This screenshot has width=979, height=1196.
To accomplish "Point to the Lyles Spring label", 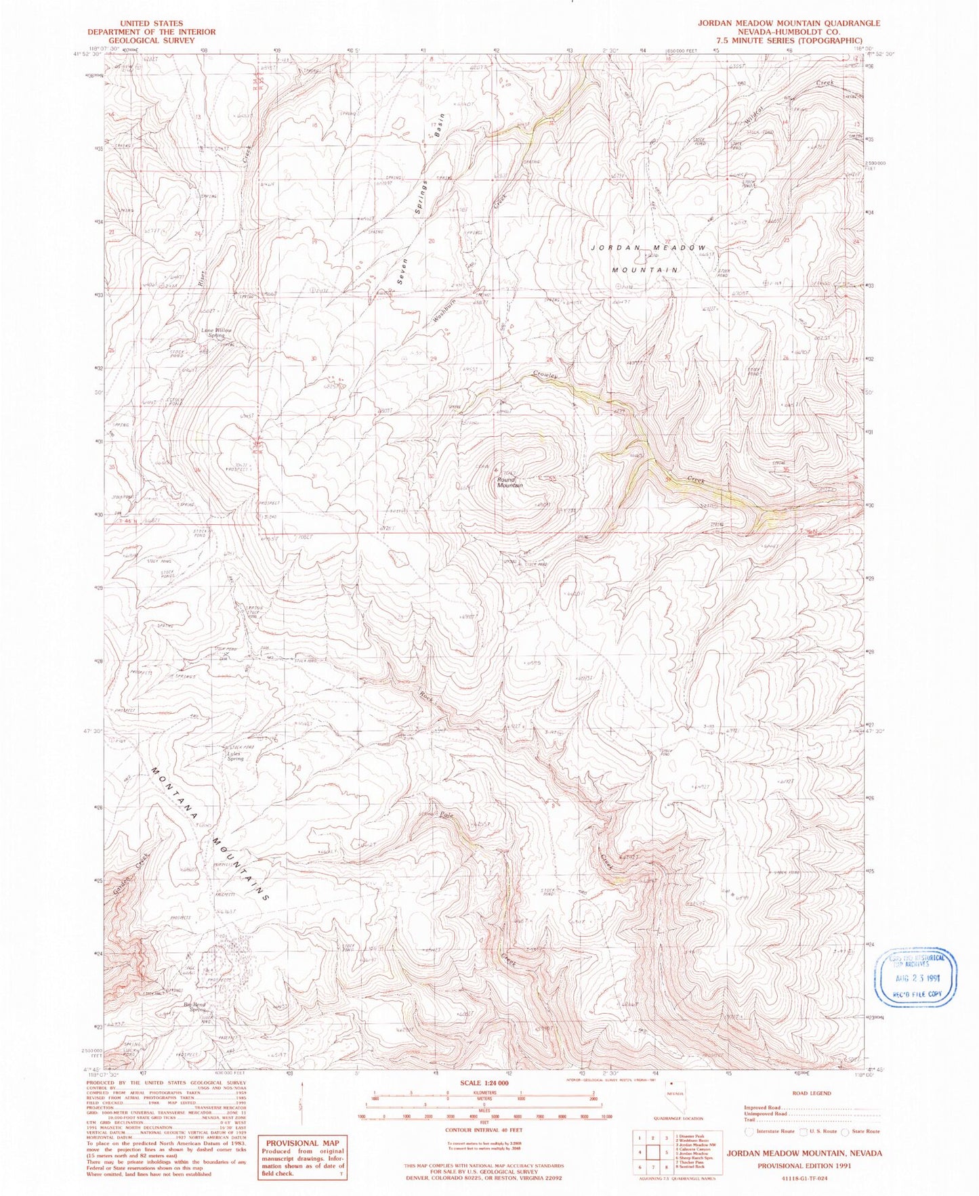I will tap(234, 756).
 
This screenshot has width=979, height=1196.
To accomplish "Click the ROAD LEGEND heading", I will tap(811, 1093).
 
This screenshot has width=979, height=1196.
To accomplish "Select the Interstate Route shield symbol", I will tap(749, 1131).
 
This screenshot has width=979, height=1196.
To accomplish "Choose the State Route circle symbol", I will tap(845, 1131).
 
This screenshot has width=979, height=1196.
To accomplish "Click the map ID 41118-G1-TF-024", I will tap(804, 1178).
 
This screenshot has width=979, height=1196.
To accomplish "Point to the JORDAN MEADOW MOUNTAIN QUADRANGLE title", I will tap(789, 23).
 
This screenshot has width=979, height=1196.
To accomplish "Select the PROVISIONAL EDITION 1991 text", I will tap(804, 1166).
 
